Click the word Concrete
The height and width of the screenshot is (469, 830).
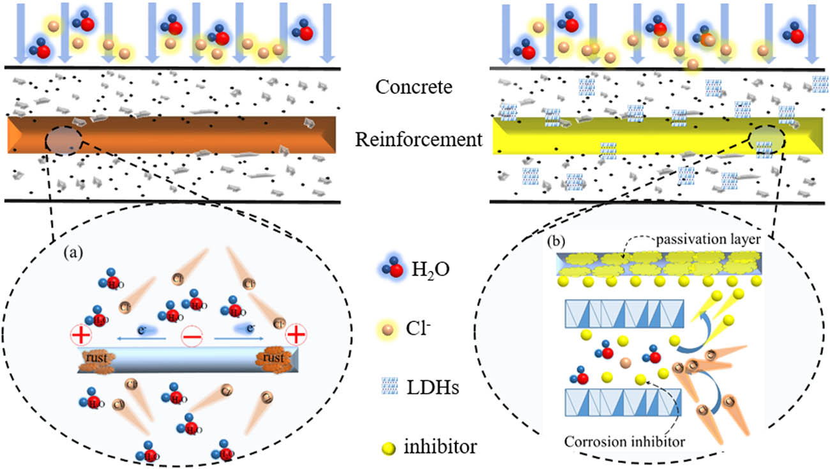click(x=414, y=87)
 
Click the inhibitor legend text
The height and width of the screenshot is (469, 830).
click(x=440, y=446)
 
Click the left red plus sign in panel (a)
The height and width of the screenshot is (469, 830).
click(x=82, y=334)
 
